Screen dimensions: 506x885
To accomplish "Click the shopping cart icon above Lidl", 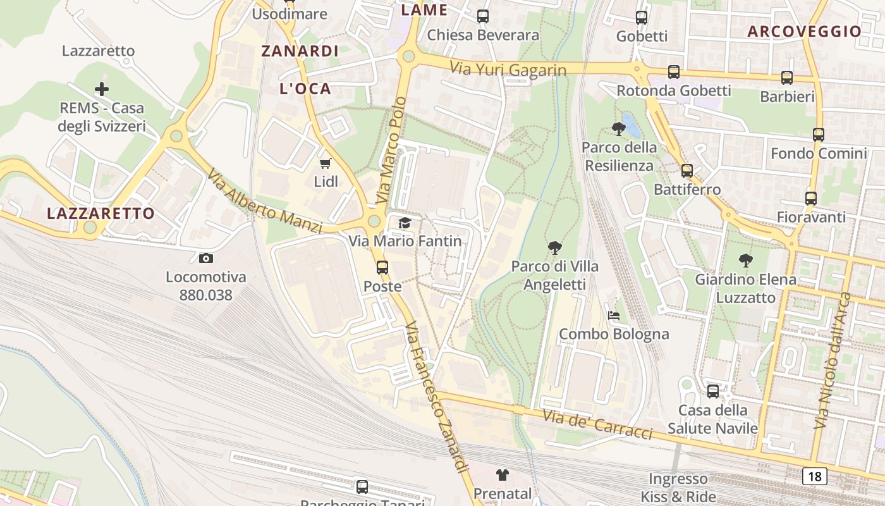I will tap(325, 164).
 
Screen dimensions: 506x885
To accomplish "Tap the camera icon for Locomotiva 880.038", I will tap(205, 258).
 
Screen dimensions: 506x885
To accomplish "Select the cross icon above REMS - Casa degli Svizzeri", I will tap(101, 89).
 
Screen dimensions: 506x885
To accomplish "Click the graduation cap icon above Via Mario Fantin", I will tap(405, 223).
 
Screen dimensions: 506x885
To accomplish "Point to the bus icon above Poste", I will tap(382, 268).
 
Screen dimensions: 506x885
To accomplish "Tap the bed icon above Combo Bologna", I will tap(613, 315).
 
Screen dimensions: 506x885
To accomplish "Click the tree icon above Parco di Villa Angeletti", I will tap(555, 247).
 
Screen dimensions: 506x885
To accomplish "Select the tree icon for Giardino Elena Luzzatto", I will tap(746, 260).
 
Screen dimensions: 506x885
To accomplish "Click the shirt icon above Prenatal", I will tap(502, 474).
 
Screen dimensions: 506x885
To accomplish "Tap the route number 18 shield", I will tap(815, 476).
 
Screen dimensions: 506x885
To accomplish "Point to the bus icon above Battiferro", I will tap(687, 170).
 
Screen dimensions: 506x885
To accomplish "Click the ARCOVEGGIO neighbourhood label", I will tap(804, 31).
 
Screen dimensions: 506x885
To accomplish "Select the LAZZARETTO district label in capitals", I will tap(101, 213).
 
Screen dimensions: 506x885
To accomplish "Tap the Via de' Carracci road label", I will tap(597, 424).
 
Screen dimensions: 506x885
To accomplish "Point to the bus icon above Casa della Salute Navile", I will tap(713, 392).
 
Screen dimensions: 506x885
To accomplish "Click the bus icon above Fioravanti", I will tap(811, 199).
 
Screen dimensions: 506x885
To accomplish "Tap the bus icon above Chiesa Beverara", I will tap(483, 16).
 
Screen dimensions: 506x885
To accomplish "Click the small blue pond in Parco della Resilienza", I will tap(631, 125).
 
